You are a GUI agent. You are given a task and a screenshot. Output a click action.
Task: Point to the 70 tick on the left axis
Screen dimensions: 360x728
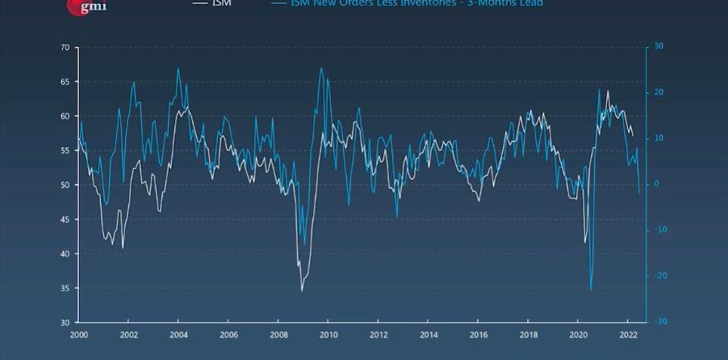tap(65, 48)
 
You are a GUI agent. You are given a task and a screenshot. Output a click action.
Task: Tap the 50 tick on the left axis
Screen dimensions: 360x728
tap(65, 185)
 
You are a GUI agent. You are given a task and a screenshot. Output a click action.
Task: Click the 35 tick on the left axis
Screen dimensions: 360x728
tap(65, 288)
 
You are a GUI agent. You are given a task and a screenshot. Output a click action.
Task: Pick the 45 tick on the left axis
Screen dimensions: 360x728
tap(65, 220)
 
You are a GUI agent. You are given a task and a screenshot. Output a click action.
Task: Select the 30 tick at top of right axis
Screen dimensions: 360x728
tap(659, 47)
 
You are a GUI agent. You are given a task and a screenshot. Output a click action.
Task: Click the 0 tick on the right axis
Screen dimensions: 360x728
tap(656, 184)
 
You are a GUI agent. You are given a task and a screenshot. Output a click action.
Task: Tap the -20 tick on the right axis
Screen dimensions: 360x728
tap(659, 276)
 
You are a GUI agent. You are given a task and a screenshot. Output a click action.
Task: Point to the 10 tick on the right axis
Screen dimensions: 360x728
tap(658, 139)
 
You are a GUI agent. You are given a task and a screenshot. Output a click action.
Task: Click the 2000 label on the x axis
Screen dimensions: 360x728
tap(79, 334)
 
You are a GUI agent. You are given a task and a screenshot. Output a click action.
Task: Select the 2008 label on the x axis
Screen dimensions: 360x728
tap(279, 334)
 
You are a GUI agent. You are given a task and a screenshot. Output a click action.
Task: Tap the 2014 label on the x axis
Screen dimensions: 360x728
tap(429, 334)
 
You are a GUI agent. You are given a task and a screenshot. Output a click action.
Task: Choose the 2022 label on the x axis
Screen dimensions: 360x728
tap(629, 334)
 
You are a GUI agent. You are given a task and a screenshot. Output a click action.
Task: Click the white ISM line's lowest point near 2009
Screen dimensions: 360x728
tap(302, 291)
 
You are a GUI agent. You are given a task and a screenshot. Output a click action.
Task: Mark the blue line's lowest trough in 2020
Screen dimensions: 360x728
tap(591, 289)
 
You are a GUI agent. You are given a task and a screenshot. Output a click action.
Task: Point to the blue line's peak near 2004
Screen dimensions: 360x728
tap(178, 69)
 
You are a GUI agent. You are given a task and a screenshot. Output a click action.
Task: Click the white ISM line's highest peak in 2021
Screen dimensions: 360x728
tap(608, 90)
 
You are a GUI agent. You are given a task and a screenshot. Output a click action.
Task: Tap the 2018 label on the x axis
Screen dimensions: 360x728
tap(529, 334)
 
